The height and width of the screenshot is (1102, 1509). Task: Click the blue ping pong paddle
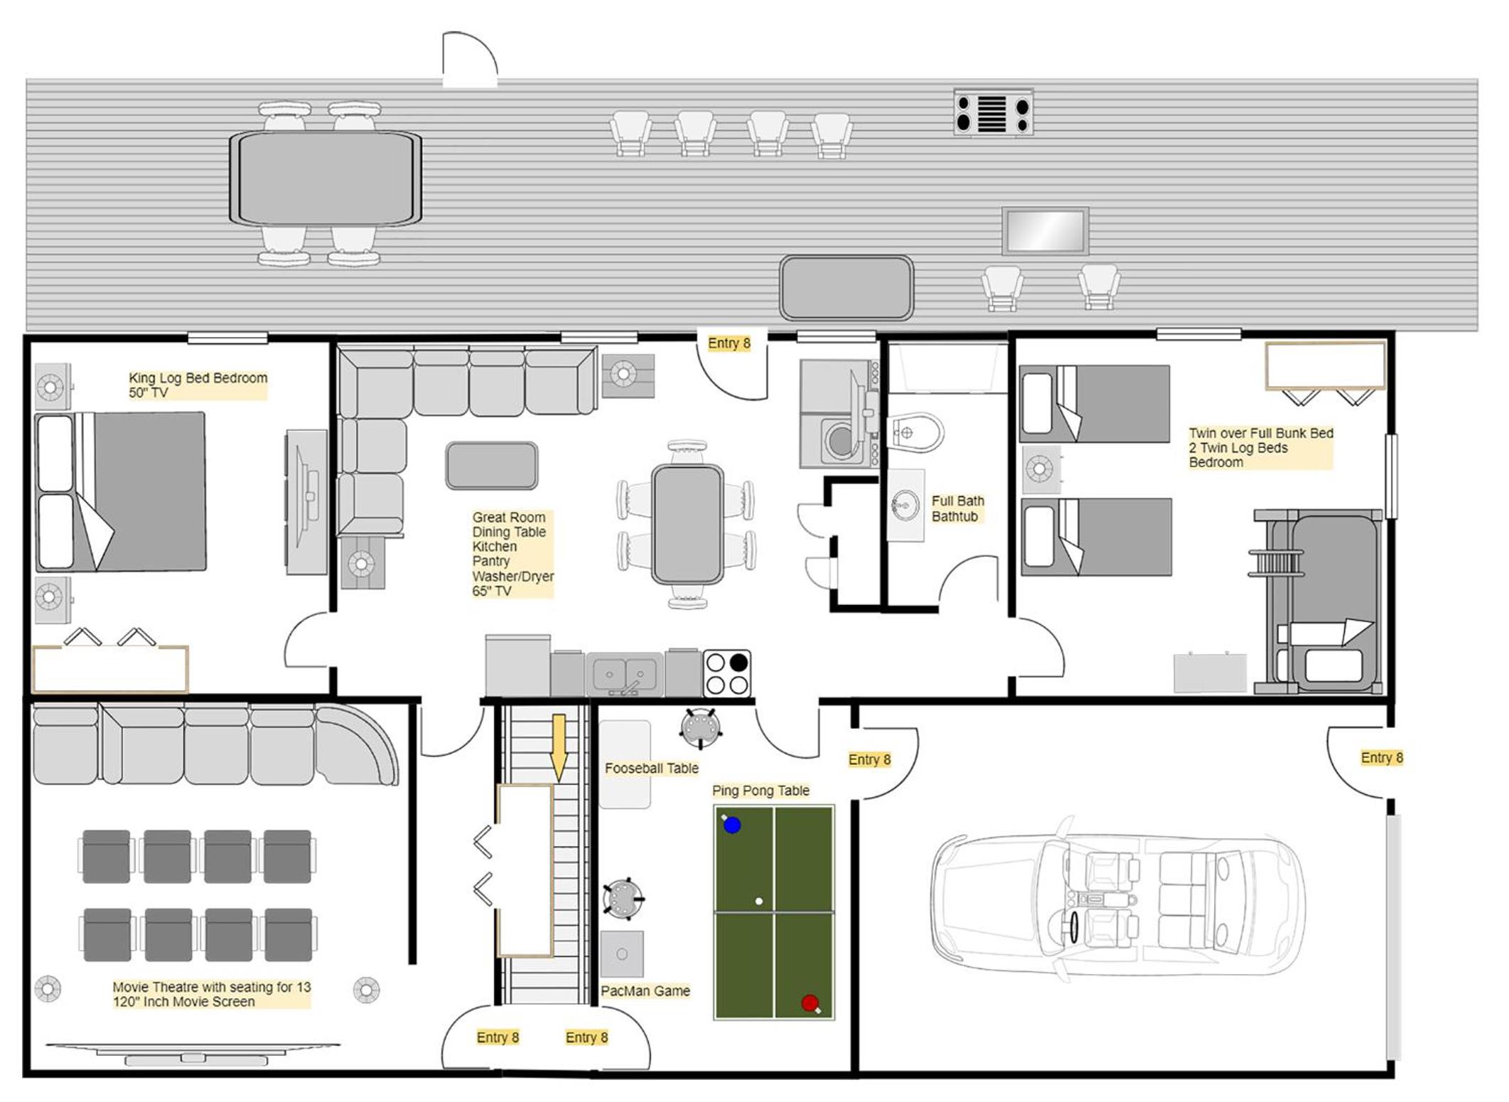pyautogui.click(x=731, y=824)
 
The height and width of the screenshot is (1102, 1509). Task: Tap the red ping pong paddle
pyautogui.click(x=810, y=1003)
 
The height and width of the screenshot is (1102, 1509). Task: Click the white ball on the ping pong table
pyautogui.click(x=759, y=902)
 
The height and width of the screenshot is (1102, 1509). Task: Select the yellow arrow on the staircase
pyautogui.click(x=559, y=747)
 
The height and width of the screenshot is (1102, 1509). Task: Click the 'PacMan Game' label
pyautogui.click(x=645, y=990)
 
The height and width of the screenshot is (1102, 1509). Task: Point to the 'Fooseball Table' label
pyautogui.click(x=652, y=768)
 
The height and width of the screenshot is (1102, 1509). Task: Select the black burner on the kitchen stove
pyautogui.click(x=739, y=663)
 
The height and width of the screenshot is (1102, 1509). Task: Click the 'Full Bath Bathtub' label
pyautogui.click(x=957, y=508)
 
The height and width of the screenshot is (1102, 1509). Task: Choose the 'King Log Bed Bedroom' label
pyautogui.click(x=198, y=378)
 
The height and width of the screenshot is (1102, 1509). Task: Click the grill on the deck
pyautogui.click(x=993, y=112)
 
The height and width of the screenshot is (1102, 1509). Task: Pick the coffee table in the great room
pyautogui.click(x=491, y=466)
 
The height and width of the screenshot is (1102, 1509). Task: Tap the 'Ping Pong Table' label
pyautogui.click(x=761, y=791)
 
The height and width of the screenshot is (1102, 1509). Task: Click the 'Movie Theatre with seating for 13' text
pyautogui.click(x=212, y=987)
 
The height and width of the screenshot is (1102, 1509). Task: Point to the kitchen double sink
pyautogui.click(x=625, y=673)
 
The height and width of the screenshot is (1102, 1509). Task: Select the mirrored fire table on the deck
pyautogui.click(x=1045, y=231)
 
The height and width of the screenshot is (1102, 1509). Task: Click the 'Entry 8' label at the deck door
pyautogui.click(x=729, y=343)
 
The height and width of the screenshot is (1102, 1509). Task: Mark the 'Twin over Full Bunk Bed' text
pyautogui.click(x=1261, y=433)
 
